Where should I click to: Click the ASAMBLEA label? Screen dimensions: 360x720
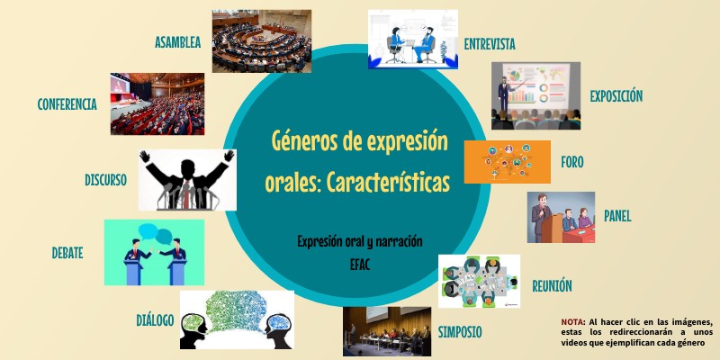tap(177, 42)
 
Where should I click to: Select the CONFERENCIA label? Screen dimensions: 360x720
tap(67, 104)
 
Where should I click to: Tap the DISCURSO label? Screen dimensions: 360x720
tap(105, 180)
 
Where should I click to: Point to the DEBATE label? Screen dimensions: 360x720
tap(67, 253)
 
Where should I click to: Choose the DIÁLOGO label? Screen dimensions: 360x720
tap(155, 319)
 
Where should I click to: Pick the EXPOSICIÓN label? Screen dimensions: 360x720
tap(616, 95)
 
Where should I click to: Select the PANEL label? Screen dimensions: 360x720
tap(617, 216)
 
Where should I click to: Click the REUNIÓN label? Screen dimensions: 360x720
tap(552, 286)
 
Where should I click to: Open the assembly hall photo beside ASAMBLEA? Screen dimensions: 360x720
tap(261, 40)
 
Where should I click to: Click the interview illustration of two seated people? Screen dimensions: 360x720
tap(412, 40)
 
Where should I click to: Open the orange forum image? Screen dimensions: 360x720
tap(507, 162)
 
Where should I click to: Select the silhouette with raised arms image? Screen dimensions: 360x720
tap(187, 179)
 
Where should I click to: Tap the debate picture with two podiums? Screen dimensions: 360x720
tap(154, 252)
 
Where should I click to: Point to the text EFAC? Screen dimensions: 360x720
tap(360, 265)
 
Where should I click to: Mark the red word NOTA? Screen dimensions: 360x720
tap(571, 321)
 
